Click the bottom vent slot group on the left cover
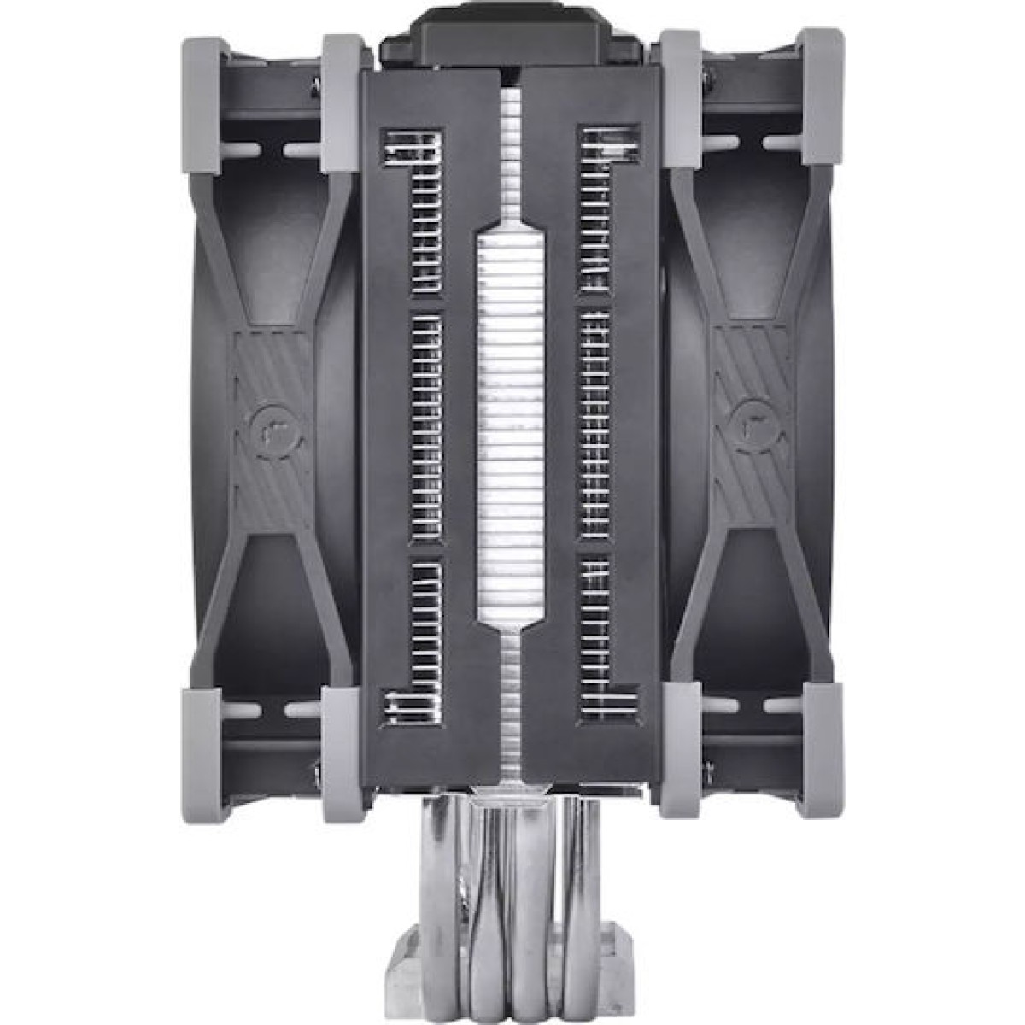coord(416,628)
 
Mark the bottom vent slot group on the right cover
coord(607,628)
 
